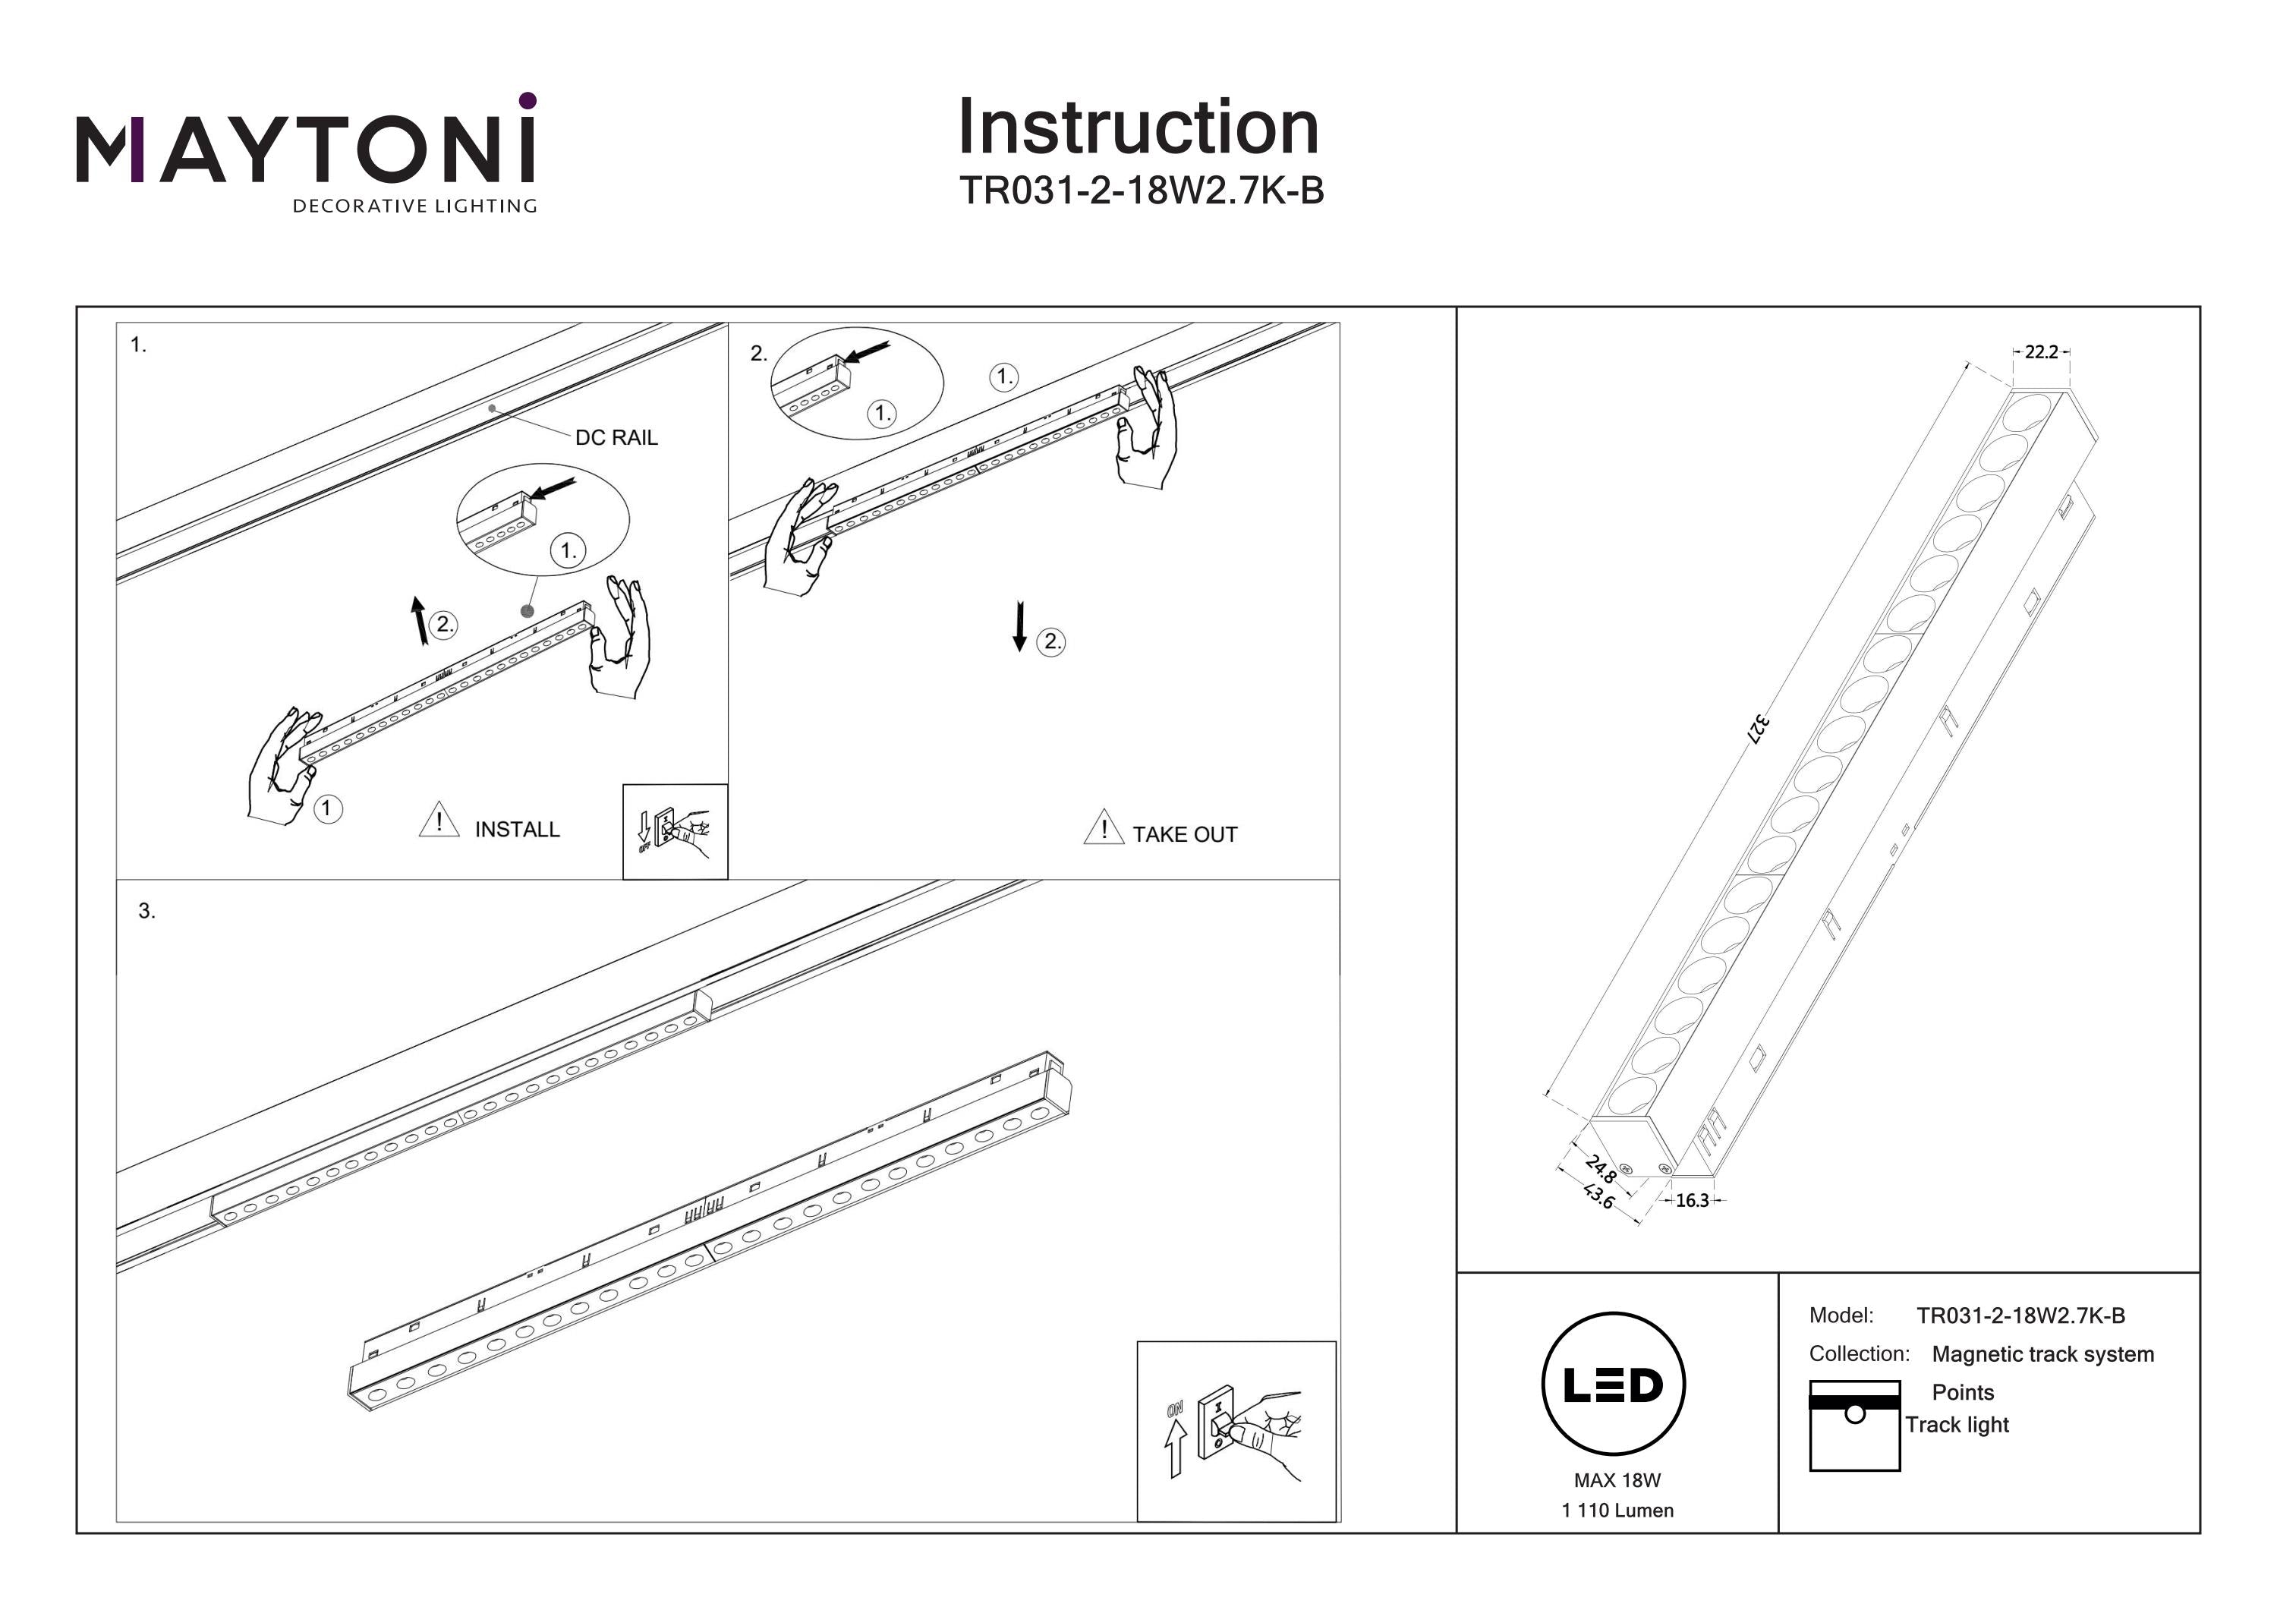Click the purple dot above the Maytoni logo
click(x=528, y=100)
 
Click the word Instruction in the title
click(x=1138, y=128)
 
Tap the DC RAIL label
click(x=616, y=437)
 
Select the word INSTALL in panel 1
click(x=517, y=830)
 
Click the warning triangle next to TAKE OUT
click(x=1103, y=827)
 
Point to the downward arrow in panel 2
click(x=1019, y=627)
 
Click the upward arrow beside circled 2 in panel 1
click(x=420, y=620)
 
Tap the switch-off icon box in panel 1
click(x=675, y=831)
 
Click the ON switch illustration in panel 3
click(x=1236, y=1430)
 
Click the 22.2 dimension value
click(x=2041, y=352)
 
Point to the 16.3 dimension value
click(x=1692, y=1200)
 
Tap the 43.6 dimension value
click(x=1598, y=1196)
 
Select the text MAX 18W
click(x=1617, y=1480)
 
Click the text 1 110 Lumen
click(x=1617, y=1511)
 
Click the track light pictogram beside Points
click(x=1853, y=1425)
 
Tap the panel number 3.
click(x=146, y=911)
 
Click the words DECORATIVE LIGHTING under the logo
click(x=414, y=206)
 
